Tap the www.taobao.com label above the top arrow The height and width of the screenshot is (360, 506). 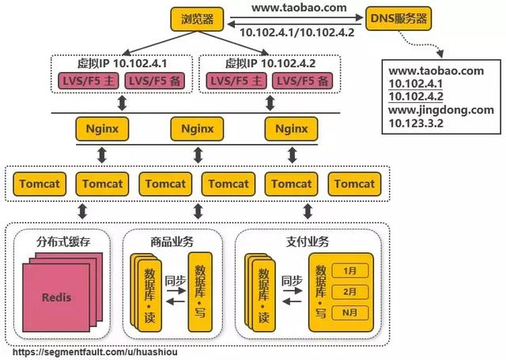pyautogui.click(x=300, y=7)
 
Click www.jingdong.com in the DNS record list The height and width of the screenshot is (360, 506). pyautogui.click(x=441, y=110)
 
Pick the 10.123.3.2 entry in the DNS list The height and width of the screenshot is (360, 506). pyautogui.click(x=415, y=123)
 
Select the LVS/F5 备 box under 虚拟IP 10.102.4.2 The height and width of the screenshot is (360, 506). pyautogui.click(x=301, y=81)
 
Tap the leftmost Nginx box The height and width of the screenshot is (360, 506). pyautogui.click(x=101, y=127)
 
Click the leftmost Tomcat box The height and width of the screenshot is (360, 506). pyautogui.click(x=38, y=184)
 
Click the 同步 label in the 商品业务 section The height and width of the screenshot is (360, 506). pyautogui.click(x=176, y=279)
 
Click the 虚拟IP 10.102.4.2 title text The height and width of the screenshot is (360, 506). pyautogui.click(x=269, y=63)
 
